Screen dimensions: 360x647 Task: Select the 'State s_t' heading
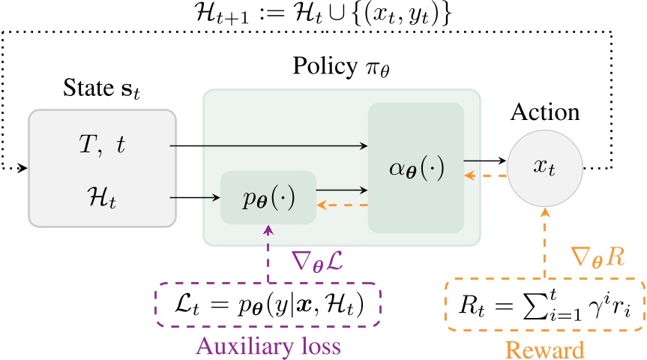[101, 96]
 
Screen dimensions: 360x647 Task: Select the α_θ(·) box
[415, 167]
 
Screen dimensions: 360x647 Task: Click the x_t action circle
[544, 167]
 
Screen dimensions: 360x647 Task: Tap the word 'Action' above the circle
[544, 113]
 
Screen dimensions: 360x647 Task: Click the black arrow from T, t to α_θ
[270, 146]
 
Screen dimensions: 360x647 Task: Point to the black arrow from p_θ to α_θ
[342, 190]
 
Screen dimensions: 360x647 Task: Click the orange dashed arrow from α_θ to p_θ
[342, 205]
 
